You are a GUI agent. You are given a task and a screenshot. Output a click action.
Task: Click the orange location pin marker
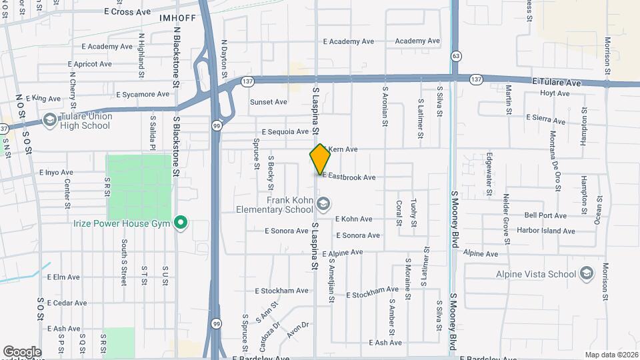[320, 159]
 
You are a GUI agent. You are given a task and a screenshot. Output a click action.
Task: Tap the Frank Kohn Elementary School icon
[324, 203]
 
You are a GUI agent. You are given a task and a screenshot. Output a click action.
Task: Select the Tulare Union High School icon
[49, 120]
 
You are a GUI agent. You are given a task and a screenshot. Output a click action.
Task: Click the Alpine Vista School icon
[586, 274]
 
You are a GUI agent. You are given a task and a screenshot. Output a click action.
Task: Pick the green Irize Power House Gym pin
[180, 223]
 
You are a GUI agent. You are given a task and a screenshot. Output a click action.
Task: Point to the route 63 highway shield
[455, 55]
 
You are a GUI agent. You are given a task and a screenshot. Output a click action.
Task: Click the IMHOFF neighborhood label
[177, 18]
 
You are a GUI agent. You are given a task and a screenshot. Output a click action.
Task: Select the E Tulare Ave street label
[557, 82]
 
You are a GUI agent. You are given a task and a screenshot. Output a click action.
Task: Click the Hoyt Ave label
[555, 93]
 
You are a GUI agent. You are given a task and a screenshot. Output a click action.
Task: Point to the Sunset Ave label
[268, 102]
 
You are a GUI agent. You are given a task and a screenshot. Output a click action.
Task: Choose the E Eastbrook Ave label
[349, 177]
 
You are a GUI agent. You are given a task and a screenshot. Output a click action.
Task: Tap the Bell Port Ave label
[545, 215]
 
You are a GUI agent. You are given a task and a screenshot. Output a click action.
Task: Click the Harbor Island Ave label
[549, 231]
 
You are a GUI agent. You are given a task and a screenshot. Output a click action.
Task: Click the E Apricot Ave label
[89, 64]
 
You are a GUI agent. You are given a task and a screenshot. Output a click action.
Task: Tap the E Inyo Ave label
[56, 172]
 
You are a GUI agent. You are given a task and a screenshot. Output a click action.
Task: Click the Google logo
[22, 351]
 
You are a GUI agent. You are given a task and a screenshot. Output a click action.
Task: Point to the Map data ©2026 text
[611, 355]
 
